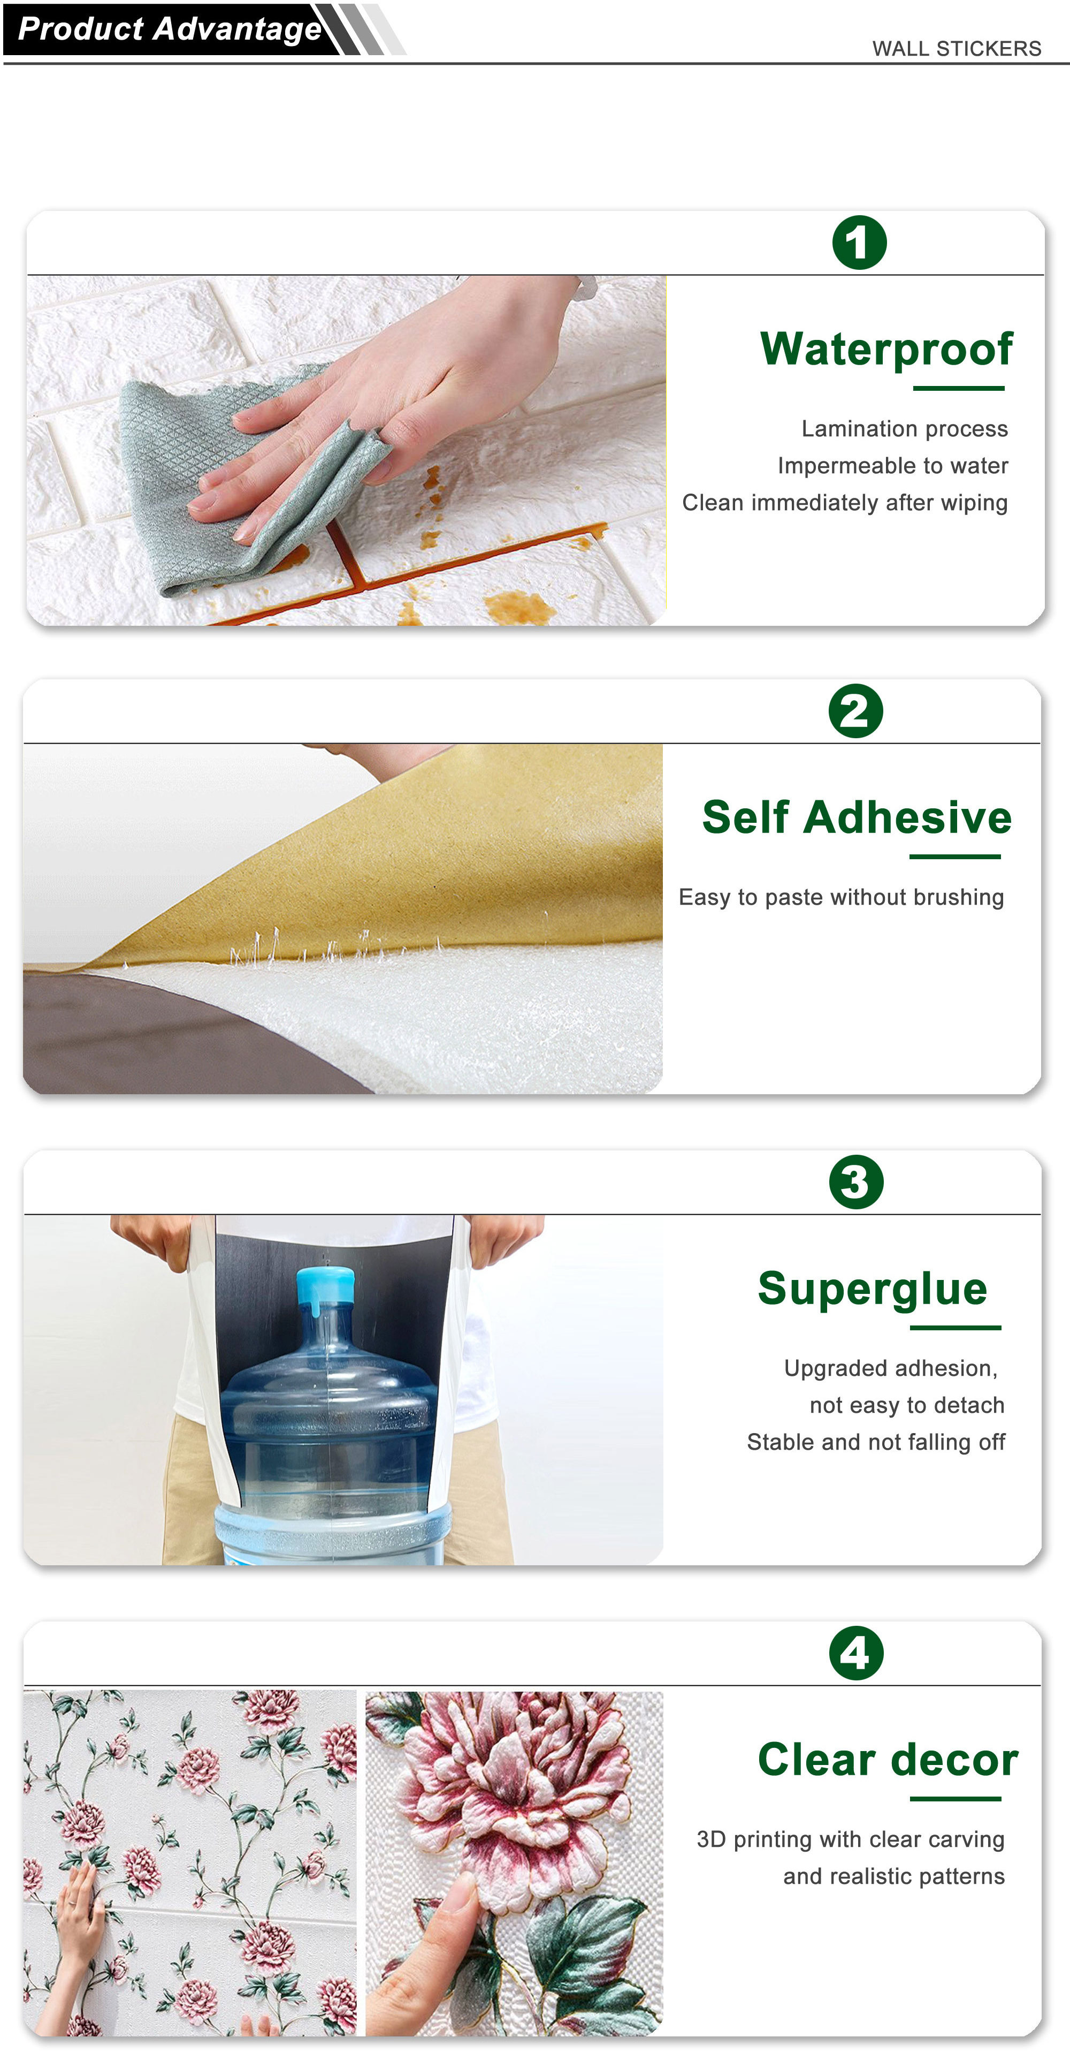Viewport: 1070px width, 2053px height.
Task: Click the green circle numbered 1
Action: [859, 243]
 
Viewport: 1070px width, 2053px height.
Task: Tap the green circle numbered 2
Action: [855, 711]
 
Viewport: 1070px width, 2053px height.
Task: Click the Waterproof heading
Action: [886, 351]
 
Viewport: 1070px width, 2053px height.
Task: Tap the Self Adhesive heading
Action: [857, 817]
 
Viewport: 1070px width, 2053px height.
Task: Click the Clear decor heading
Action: [888, 1759]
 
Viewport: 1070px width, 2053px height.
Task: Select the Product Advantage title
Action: [170, 29]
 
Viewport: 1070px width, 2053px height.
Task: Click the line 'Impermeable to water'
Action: [892, 465]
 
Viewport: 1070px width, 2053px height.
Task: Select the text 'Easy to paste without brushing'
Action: [842, 897]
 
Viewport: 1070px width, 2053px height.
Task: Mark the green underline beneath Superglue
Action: [956, 1328]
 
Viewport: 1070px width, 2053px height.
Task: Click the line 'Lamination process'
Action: [904, 429]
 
